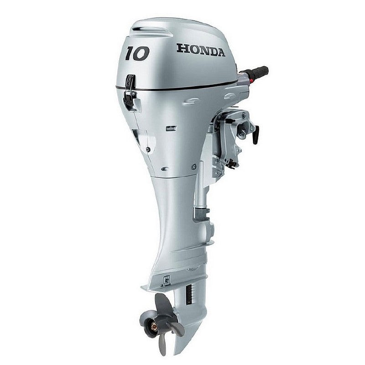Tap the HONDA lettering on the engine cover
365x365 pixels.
pyautogui.click(x=201, y=50)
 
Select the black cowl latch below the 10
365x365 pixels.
pyautogui.click(x=130, y=91)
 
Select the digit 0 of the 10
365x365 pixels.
pyautogui.click(x=142, y=53)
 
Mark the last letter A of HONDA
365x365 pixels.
pyautogui.click(x=220, y=52)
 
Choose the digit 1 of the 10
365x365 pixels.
pyautogui.click(x=130, y=54)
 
